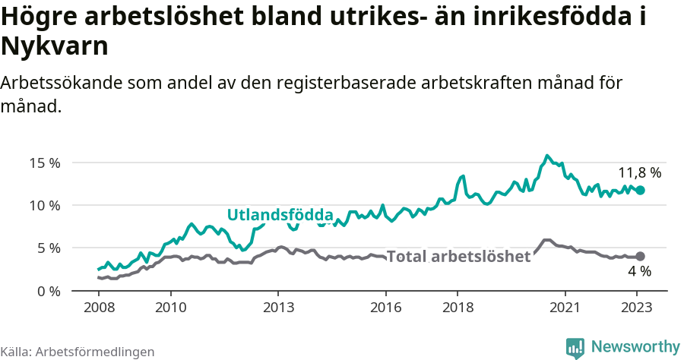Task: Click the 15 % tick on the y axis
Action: pos(45,163)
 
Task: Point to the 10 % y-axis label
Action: pos(45,205)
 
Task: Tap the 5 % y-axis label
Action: pos(48,248)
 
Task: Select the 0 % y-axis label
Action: pos(48,291)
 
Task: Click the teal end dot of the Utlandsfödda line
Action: pos(640,190)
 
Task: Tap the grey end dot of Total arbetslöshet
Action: pos(640,257)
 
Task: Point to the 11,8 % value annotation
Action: pos(639,172)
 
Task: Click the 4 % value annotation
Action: pos(639,271)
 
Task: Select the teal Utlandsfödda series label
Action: pos(280,214)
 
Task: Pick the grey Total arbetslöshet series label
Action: pos(458,257)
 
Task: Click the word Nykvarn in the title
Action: pos(55,47)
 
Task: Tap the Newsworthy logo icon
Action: pos(575,347)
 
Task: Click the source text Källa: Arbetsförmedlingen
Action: pos(78,352)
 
